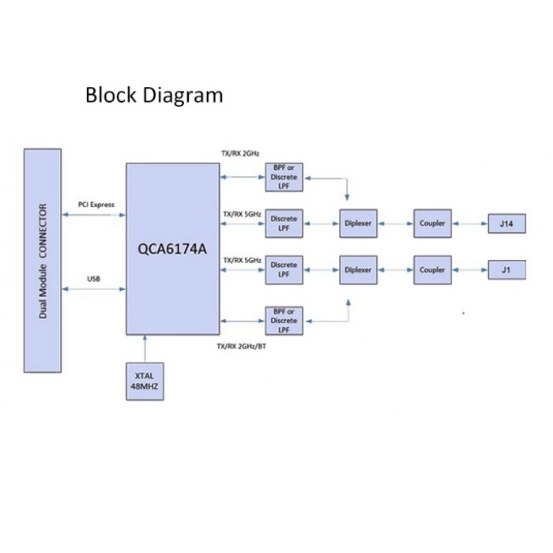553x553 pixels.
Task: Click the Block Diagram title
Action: click(154, 96)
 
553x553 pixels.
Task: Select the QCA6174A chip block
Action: click(173, 249)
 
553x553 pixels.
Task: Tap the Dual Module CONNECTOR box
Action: click(43, 261)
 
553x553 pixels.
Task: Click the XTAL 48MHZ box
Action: click(145, 382)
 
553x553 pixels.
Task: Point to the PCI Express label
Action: click(96, 205)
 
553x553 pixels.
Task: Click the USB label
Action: click(94, 279)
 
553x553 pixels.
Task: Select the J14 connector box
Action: click(507, 224)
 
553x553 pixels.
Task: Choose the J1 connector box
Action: click(507, 270)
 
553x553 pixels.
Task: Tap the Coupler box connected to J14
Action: click(432, 224)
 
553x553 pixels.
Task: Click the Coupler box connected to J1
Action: click(432, 270)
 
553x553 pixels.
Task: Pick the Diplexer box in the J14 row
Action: click(358, 224)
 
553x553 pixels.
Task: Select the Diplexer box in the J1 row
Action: click(358, 270)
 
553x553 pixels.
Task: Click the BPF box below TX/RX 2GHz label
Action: click(284, 177)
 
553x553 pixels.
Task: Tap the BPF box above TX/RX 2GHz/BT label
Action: click(284, 321)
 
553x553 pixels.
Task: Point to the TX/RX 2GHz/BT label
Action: click(242, 346)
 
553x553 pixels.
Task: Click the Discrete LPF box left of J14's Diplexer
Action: click(284, 224)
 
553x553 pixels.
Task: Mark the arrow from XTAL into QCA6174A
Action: click(145, 349)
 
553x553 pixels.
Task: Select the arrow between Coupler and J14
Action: click(470, 224)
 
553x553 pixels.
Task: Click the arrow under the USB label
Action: click(94, 289)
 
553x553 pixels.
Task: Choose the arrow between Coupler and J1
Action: click(470, 270)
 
